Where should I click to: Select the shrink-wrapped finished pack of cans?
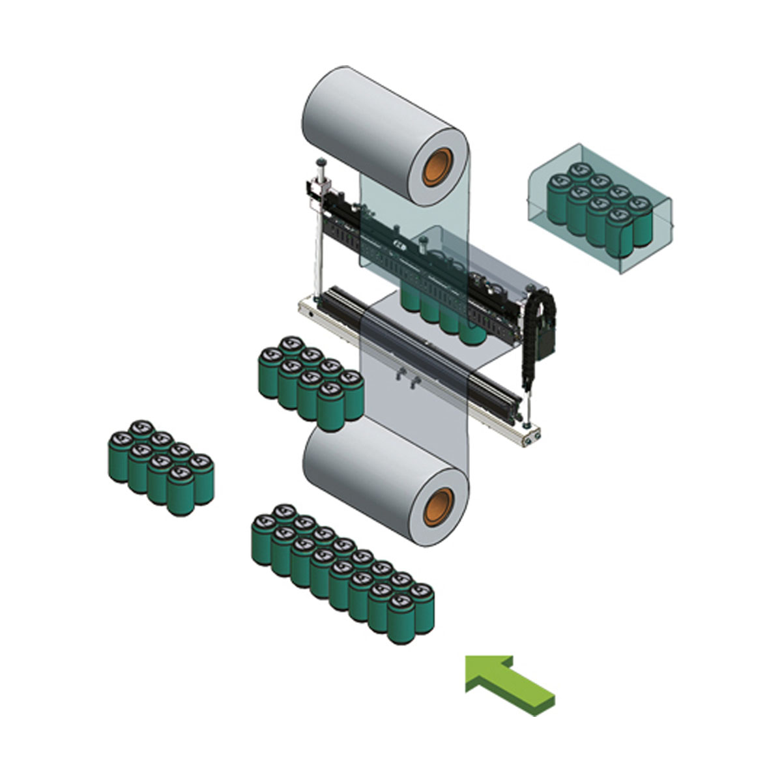click(x=600, y=209)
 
